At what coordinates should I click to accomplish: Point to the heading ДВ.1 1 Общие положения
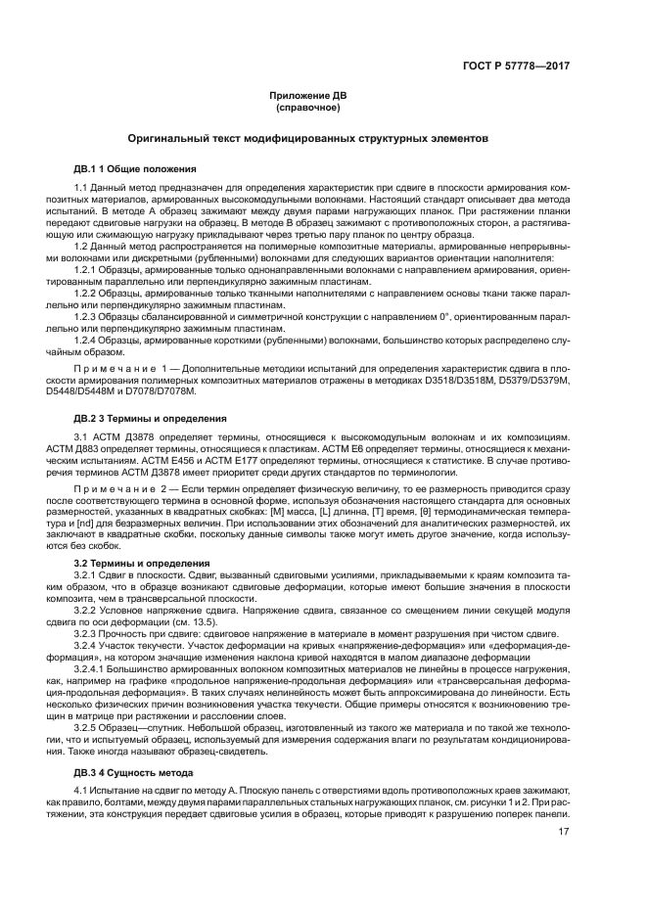(x=136, y=167)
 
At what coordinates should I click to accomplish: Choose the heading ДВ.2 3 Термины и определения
(x=148, y=419)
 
